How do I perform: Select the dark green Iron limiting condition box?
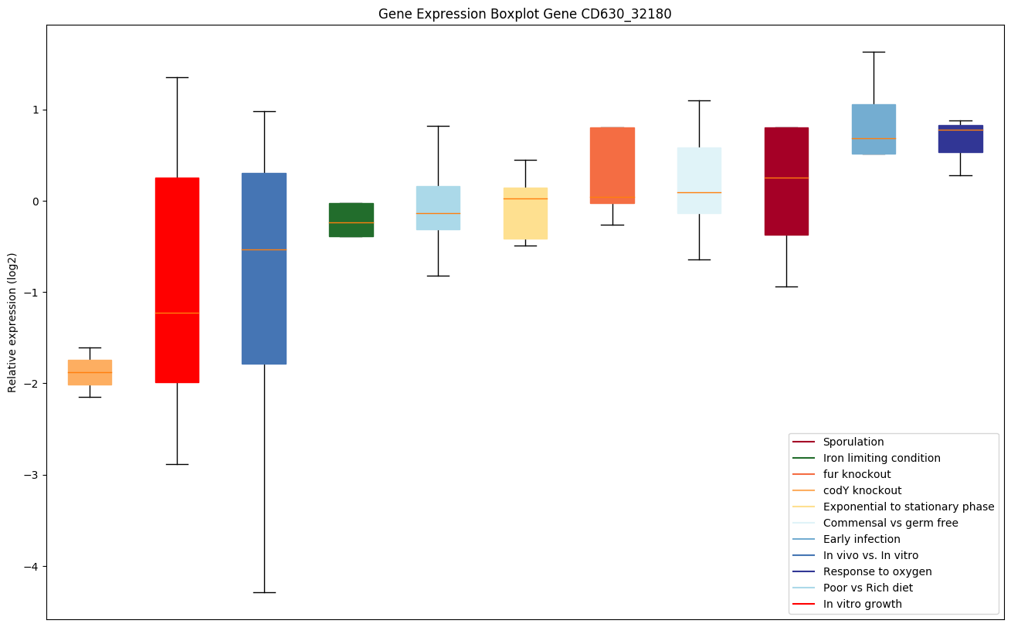point(351,219)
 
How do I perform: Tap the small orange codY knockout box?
point(90,372)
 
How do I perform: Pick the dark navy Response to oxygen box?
point(960,139)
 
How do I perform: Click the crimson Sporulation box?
point(786,181)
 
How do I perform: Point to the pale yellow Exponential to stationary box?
point(525,213)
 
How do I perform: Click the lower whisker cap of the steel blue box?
point(264,592)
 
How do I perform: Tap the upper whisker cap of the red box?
point(177,77)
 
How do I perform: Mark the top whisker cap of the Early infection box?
point(874,52)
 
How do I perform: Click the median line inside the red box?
point(177,313)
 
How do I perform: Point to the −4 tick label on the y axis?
point(30,567)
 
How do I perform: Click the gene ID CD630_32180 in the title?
point(613,14)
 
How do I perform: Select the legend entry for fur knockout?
point(857,474)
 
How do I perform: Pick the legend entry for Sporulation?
point(853,442)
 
